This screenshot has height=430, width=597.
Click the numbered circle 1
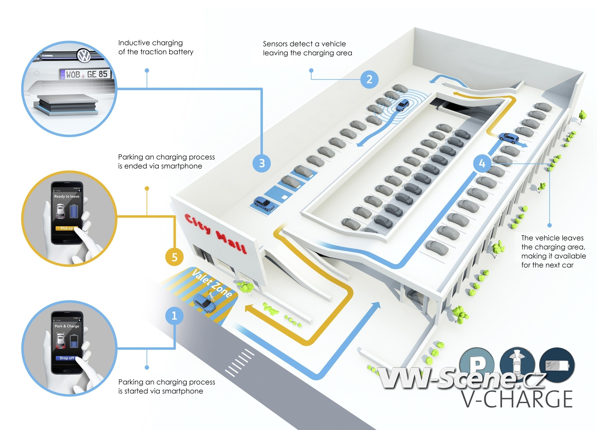coord(174,316)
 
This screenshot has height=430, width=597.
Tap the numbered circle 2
coord(369,79)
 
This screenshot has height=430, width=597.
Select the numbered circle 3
coord(262,163)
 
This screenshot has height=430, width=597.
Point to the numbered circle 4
coord(482,163)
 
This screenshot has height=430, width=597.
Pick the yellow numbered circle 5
coord(174,257)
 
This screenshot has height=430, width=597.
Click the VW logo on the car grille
coord(84,56)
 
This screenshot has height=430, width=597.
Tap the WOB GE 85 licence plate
coord(85,74)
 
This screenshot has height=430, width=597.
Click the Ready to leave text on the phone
coord(67,196)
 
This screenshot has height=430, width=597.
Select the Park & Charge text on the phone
coord(67,326)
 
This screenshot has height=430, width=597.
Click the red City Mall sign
coord(216,233)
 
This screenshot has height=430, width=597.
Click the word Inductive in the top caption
coord(134,43)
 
